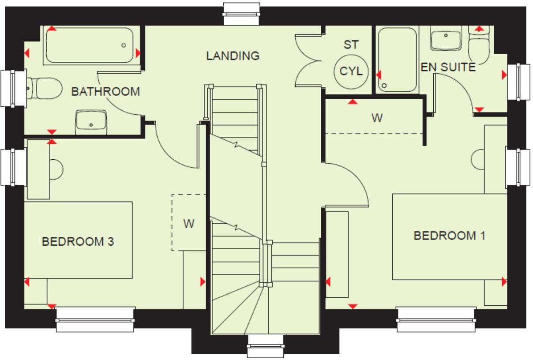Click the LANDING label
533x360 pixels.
coord(233,56)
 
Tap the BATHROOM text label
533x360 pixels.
coord(105,92)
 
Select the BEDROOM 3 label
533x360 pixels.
coord(78,242)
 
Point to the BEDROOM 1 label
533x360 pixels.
coord(449,236)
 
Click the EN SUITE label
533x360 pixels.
coord(448,67)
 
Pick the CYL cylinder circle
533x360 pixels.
coord(351,71)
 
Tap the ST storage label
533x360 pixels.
coord(351,45)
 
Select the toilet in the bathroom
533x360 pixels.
coord(44,88)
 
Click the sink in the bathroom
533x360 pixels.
coord(91,121)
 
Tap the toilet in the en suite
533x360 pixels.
coord(479,46)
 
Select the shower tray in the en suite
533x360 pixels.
coord(398,60)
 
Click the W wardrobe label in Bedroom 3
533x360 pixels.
coord(189,224)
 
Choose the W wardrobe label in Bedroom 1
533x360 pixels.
coord(376,118)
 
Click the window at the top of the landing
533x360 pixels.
coord(242,14)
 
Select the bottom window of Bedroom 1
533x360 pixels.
coord(436,319)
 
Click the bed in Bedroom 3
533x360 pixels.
coord(78,240)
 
